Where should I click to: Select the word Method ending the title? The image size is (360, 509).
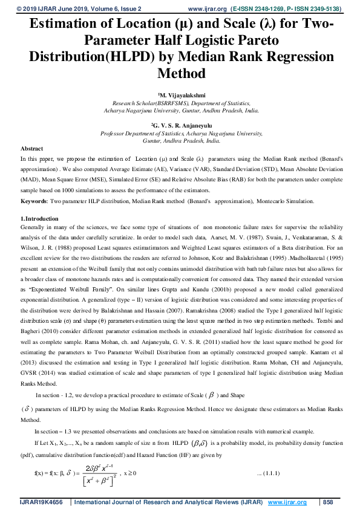pos(181,73)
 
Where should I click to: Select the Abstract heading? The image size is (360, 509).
pos(31,148)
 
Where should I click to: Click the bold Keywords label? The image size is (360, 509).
pos(34,200)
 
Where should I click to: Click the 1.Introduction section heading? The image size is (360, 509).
pos(39,218)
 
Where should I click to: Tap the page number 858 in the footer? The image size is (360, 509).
pos(329,502)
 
